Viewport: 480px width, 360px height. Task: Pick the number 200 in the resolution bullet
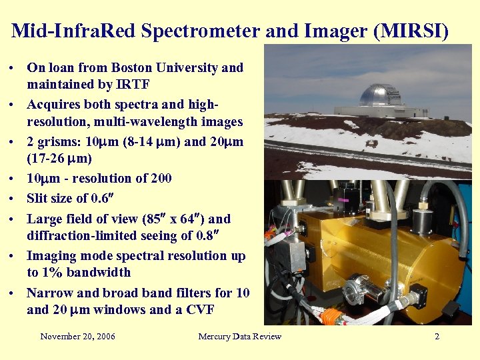tap(161, 179)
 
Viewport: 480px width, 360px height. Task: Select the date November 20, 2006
tap(77, 337)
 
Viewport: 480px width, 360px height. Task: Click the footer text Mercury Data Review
tap(240, 337)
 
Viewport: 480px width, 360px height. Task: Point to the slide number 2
tap(437, 337)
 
